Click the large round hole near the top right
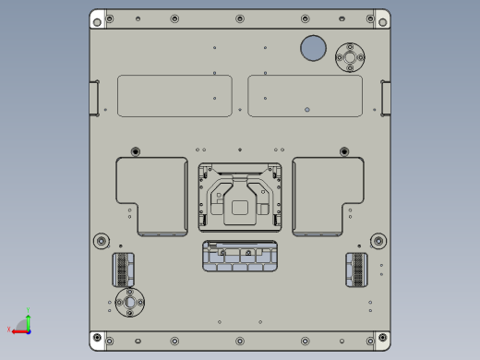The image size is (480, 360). click(x=313, y=48)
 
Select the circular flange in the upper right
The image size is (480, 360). click(x=350, y=57)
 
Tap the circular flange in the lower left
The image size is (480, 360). click(x=129, y=302)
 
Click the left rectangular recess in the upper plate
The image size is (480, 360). click(x=174, y=96)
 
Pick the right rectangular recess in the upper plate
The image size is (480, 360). click(x=305, y=96)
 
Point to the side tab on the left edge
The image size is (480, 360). click(x=94, y=98)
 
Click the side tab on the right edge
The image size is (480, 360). click(x=386, y=98)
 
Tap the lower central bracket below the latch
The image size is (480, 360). click(x=240, y=256)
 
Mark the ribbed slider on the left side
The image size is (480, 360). click(x=122, y=270)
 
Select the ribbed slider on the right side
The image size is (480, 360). click(x=356, y=270)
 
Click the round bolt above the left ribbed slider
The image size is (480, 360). click(x=102, y=242)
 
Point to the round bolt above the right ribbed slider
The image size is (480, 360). click(x=378, y=242)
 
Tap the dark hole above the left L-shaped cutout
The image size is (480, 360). click(x=136, y=151)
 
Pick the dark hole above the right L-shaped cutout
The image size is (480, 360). click(x=344, y=151)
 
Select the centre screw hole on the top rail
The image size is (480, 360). click(x=240, y=18)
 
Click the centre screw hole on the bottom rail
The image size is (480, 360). click(x=240, y=341)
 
